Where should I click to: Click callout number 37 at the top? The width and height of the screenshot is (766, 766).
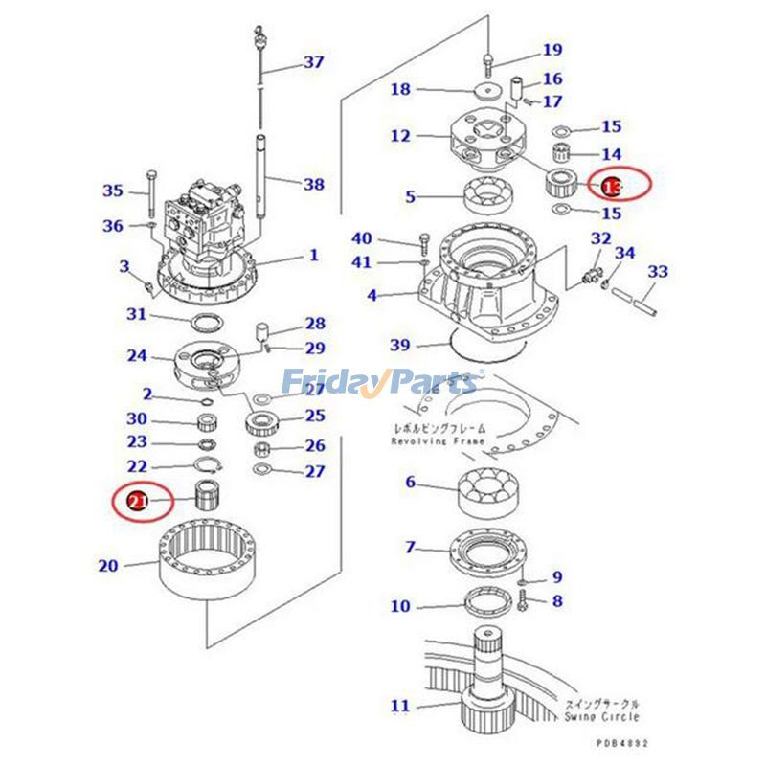coord(314,62)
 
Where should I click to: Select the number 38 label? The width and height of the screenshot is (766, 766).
coord(313,184)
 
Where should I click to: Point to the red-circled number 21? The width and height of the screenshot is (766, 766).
coord(137,501)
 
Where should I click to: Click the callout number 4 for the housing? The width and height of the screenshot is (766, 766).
coord(372,295)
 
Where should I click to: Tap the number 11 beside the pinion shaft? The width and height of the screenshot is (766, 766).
coord(400,707)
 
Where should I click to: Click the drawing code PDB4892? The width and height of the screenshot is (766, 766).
coord(622,742)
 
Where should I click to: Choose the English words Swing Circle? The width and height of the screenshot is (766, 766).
coord(602,716)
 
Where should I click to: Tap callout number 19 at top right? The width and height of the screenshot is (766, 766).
coord(552,50)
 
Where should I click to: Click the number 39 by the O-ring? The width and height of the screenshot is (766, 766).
coord(400,344)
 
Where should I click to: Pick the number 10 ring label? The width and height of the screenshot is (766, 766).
coord(400,605)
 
